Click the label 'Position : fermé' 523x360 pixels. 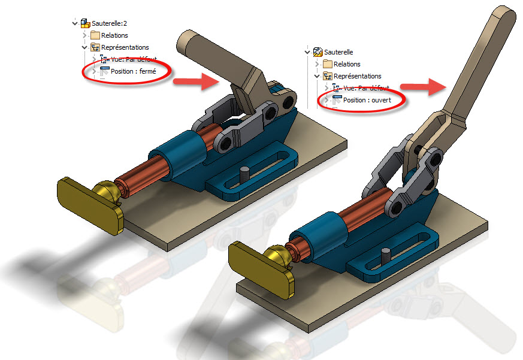coord(134,71)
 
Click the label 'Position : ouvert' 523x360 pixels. coord(367,100)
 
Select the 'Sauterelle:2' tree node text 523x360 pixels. coord(109,23)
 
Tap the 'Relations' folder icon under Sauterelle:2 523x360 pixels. coord(95,35)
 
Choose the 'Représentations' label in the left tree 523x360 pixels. coord(125,47)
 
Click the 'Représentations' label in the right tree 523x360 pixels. coord(357,76)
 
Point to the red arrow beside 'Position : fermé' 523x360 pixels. coord(196,81)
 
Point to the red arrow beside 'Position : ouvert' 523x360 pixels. coord(424,87)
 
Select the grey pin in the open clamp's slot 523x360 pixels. coord(386,256)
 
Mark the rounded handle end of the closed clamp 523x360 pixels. coord(186,43)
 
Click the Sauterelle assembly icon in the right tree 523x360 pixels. coord(318,52)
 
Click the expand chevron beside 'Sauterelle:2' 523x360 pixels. coord(75,23)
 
